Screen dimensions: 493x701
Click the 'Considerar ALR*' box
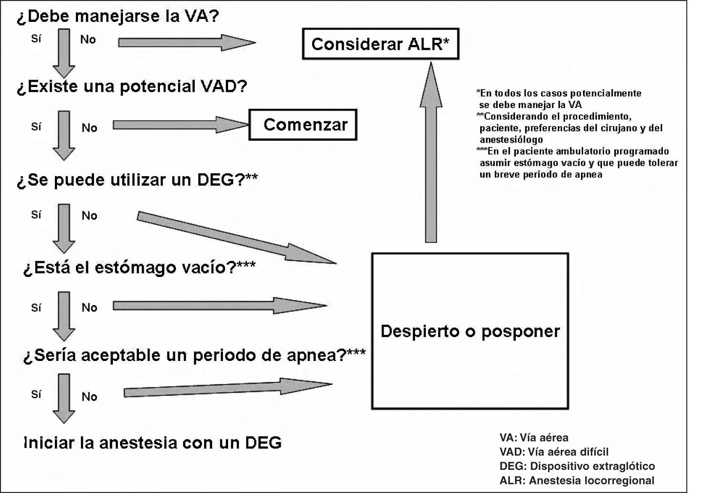click(380, 44)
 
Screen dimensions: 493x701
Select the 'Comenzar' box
click(303, 125)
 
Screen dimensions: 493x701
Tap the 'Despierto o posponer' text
click(470, 331)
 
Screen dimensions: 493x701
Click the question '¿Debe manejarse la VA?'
click(118, 17)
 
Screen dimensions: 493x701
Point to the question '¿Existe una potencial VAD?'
click(132, 87)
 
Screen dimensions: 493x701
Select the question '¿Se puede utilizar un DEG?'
click(137, 180)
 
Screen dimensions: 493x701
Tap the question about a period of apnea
click(194, 355)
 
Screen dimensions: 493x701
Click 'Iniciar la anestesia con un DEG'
click(153, 442)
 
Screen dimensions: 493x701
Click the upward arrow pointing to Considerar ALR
click(430, 152)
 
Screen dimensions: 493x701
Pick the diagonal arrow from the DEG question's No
click(236, 237)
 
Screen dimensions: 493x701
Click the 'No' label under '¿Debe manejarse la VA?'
click(88, 40)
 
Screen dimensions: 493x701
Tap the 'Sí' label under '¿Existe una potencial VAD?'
click(36, 127)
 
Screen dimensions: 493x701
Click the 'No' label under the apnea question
click(90, 397)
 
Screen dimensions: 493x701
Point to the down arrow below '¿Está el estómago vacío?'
click(64, 316)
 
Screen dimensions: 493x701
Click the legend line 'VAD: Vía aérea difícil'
click(554, 452)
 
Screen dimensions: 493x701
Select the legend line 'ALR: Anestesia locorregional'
click(577, 481)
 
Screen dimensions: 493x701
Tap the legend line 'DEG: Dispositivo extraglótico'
click(577, 466)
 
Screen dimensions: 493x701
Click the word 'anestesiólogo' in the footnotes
click(511, 140)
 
